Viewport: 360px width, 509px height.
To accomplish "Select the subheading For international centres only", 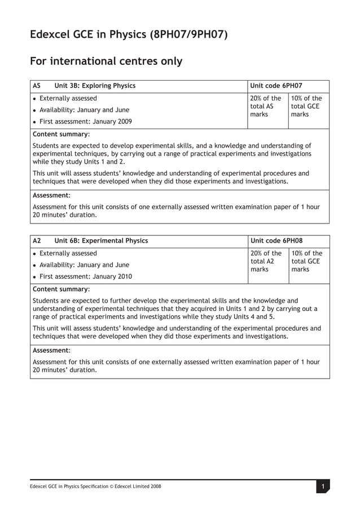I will pyautogui.click(x=106, y=61).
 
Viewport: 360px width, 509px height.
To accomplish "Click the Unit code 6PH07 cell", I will pyautogui.click(x=276, y=86).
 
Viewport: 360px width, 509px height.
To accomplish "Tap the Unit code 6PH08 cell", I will pyautogui.click(x=276, y=241).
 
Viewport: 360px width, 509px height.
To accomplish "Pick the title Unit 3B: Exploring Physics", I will pyautogui.click(x=95, y=86).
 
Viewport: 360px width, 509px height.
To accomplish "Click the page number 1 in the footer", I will pyautogui.click(x=322, y=486).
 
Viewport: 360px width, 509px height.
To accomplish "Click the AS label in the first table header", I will pyautogui.click(x=37, y=86).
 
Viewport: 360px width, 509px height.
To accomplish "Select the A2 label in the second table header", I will pyautogui.click(x=37, y=241).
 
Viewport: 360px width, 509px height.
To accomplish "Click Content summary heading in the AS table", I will pyautogui.click(x=61, y=134).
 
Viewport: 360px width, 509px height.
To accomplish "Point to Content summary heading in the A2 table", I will pyautogui.click(x=61, y=289).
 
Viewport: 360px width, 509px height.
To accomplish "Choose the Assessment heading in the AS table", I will pyautogui.click(x=52, y=195).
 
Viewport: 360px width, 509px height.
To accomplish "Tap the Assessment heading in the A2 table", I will pyautogui.click(x=52, y=350).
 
